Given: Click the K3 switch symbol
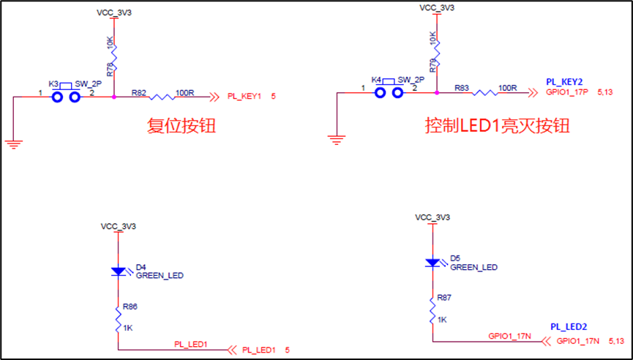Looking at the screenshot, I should coord(64,94).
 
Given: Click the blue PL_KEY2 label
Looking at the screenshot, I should coord(565,80).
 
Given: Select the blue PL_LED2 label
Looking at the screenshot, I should coord(569,326).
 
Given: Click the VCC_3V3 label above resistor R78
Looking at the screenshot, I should coord(114,13).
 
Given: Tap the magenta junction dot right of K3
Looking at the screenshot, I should coord(114,95).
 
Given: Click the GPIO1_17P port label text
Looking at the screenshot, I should coord(568,93).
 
